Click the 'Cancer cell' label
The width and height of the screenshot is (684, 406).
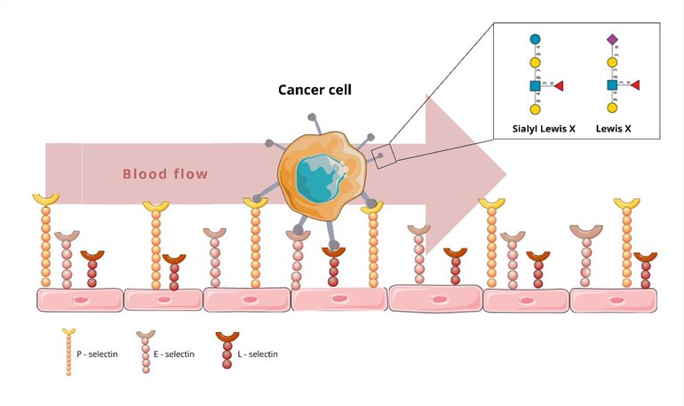(x=316, y=90)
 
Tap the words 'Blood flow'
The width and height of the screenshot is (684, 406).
(x=165, y=173)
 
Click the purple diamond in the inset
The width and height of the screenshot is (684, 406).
(x=612, y=40)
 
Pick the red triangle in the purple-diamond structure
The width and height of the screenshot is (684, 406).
(x=635, y=85)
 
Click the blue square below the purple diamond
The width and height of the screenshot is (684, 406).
(x=612, y=85)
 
